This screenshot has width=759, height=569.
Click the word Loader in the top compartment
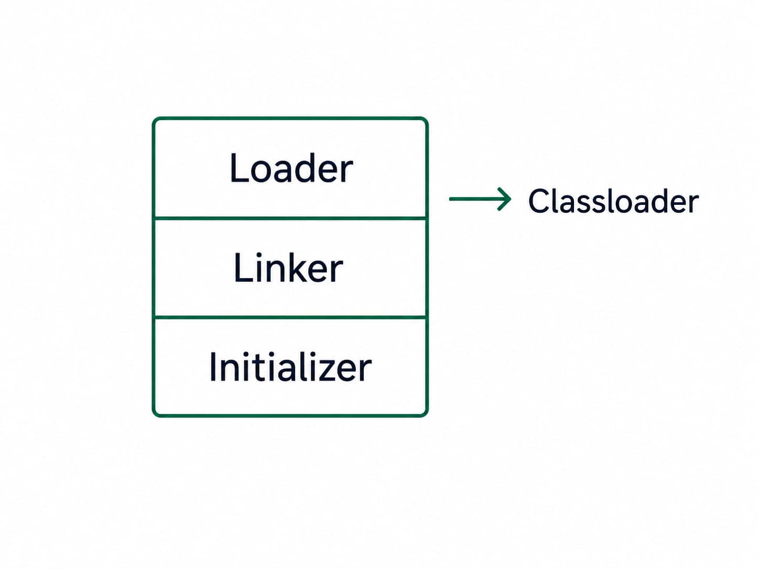coord(291,168)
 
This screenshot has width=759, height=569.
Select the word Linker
coord(288,267)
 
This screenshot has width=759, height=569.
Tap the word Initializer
coord(290,367)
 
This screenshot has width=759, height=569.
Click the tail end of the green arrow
coord(450,199)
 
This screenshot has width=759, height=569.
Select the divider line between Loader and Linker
coord(290,218)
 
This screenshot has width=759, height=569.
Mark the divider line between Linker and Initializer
coord(290,317)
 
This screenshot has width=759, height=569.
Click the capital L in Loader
coord(239,168)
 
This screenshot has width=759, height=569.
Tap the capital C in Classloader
coord(539,201)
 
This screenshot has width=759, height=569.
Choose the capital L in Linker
coord(242,267)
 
